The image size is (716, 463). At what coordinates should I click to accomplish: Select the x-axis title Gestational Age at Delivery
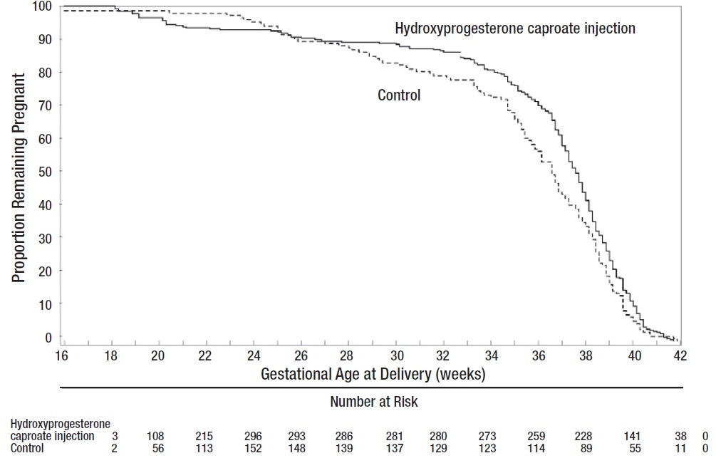pos(373,373)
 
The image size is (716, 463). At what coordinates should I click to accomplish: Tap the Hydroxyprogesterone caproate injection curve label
pos(515,29)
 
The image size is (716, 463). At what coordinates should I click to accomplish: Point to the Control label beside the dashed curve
pos(399,95)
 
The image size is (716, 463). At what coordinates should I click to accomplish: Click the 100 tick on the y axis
pos(42,6)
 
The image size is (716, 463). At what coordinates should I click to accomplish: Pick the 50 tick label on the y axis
pos(45,171)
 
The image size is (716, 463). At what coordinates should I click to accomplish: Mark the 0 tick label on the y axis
pos(48,336)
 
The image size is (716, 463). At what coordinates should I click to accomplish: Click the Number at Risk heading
pos(374,402)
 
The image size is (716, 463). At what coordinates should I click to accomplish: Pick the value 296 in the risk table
pos(252,436)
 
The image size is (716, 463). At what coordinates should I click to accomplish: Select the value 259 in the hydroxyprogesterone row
pos(536,436)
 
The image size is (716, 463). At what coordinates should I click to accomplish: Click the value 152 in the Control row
pos(252,449)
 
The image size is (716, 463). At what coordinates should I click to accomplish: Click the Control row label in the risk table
pos(27,449)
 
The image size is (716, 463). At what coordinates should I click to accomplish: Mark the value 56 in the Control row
pos(158,449)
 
